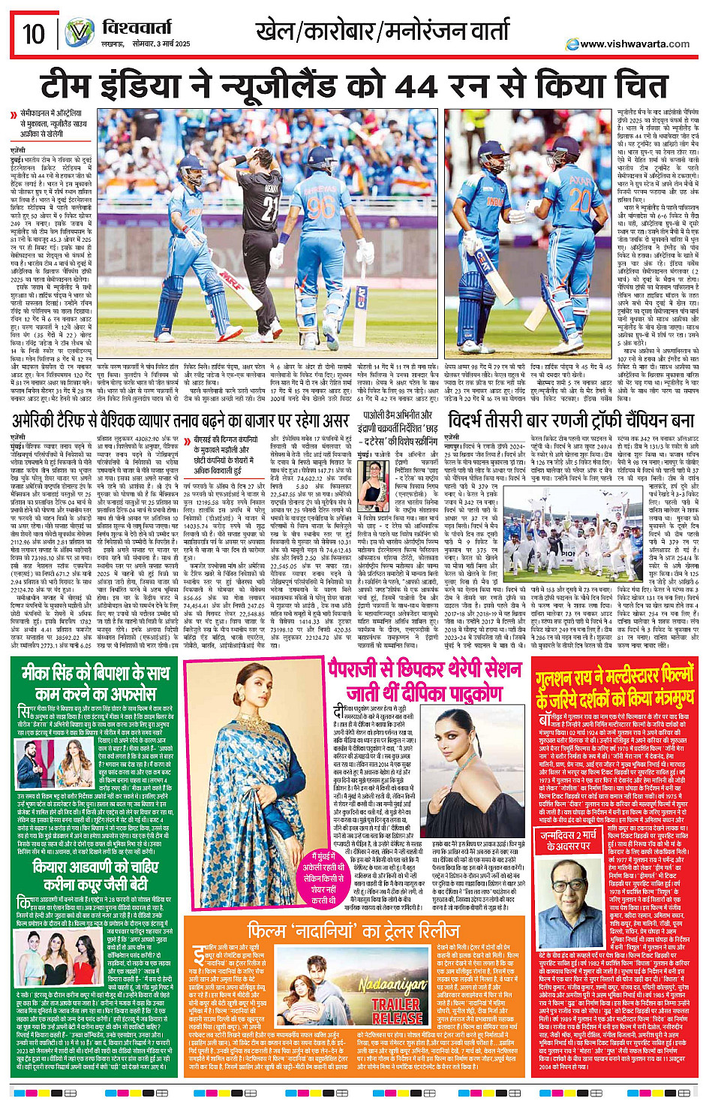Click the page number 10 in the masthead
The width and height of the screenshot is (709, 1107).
(x=33, y=34)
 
